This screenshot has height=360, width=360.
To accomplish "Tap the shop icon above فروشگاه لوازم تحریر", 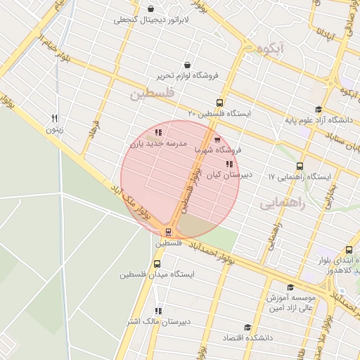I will point(186,65).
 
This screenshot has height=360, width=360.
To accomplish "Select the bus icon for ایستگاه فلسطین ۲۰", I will point(220,103).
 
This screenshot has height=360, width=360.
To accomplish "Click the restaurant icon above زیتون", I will point(54,118).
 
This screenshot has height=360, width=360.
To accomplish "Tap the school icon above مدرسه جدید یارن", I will point(158,132).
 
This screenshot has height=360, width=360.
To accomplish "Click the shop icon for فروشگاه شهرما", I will point(217,139).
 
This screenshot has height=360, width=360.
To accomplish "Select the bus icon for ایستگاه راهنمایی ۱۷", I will point(300,167).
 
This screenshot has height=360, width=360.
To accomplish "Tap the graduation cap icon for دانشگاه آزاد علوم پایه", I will point(319,109).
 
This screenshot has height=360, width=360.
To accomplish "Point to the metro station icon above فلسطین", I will point(168,231).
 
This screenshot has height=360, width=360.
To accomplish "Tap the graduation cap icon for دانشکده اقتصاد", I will point(247,328).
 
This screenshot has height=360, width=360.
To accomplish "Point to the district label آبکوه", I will point(271,48).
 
